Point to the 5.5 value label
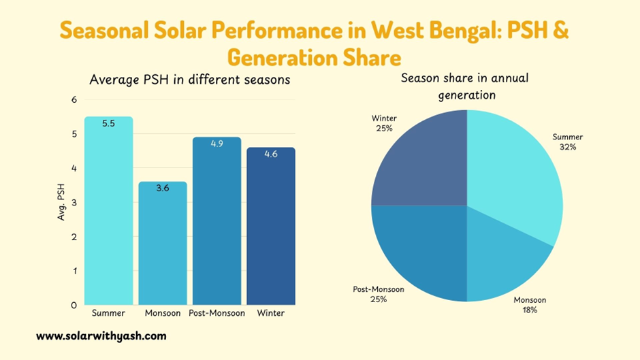108,124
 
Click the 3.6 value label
163,189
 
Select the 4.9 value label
217,144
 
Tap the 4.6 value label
270,154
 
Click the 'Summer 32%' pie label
567,142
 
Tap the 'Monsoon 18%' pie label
530,305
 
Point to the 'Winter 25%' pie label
384,123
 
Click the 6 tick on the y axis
74,99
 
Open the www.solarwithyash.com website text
101,336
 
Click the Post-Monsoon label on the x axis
217,313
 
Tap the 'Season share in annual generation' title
465,86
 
